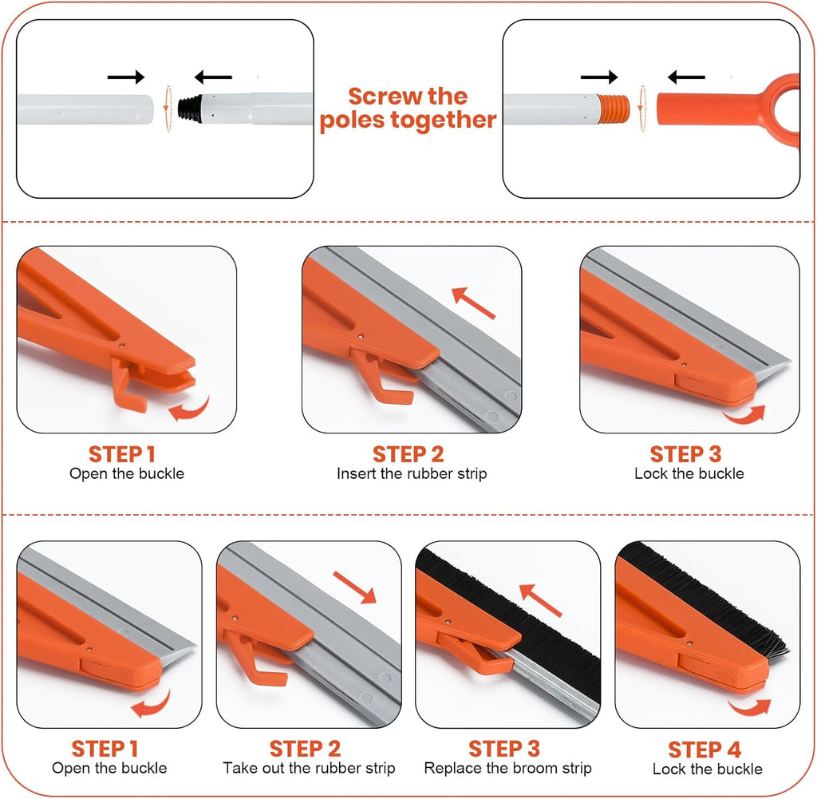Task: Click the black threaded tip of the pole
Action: [x=189, y=109]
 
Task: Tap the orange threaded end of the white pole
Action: [x=614, y=109]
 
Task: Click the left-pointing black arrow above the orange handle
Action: [x=686, y=77]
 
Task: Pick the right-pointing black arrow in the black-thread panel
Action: [x=125, y=77]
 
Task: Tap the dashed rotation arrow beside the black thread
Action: [x=168, y=109]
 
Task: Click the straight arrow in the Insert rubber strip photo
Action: [x=473, y=303]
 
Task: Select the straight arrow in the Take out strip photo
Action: [x=354, y=587]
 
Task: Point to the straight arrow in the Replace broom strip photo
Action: [x=540, y=600]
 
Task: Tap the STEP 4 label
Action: [x=704, y=750]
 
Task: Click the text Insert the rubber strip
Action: [x=412, y=473]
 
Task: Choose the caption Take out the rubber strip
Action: [x=309, y=768]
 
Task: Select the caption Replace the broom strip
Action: [x=507, y=768]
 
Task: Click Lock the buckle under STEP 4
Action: [x=707, y=769]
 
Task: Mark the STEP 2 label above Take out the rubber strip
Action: [x=305, y=749]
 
